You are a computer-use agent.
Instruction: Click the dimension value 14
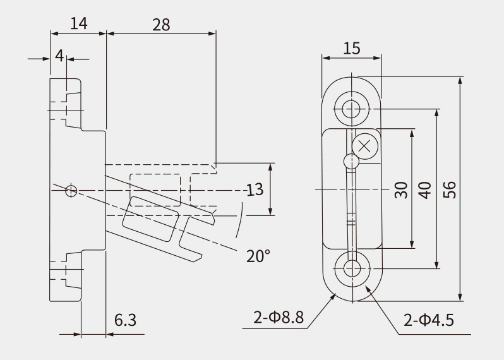[79, 24]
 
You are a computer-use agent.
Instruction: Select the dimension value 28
[161, 25]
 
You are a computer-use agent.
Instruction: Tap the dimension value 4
[59, 56]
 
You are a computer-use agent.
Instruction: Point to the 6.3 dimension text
[125, 320]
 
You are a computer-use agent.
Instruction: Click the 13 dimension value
[255, 189]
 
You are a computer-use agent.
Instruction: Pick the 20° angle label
[258, 256]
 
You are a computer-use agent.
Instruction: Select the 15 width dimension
[352, 49]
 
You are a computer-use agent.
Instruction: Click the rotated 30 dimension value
[401, 190]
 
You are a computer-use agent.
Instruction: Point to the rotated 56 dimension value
[449, 189]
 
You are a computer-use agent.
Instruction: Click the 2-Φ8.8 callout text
[279, 318]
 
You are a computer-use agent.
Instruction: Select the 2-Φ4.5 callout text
[428, 320]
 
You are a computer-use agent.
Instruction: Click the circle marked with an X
[365, 147]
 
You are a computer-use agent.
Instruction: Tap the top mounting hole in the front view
[351, 109]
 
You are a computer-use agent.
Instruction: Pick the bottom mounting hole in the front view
[352, 268]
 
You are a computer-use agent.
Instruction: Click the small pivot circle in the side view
[71, 191]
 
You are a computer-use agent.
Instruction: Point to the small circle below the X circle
[351, 161]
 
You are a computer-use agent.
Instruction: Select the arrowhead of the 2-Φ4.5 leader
[368, 289]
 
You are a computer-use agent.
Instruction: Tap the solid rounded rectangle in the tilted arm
[151, 219]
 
